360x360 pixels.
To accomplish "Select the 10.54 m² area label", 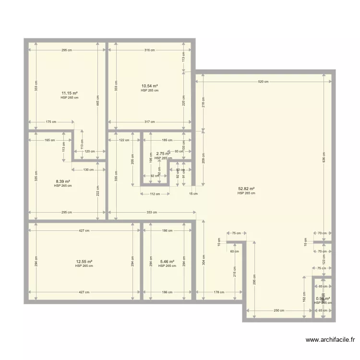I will tap(149, 86).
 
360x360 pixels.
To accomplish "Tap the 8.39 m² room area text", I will tap(62, 181).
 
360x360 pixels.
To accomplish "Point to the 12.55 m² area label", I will tap(84, 262).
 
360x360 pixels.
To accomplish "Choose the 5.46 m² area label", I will tap(167, 262).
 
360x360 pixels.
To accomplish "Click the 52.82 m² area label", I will tap(246, 189).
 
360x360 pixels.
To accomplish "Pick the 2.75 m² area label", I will tap(163, 154).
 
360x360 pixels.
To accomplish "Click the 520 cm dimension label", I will tap(264, 82).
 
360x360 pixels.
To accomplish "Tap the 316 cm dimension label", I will tap(149, 50).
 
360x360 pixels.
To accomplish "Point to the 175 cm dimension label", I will tap(51, 122).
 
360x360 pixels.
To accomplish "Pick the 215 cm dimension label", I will tap(235, 271).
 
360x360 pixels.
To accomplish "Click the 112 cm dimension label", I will tap(155, 194).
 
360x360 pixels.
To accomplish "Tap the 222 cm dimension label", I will tap(98, 191).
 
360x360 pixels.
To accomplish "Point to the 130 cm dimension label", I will tap(88, 170).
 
